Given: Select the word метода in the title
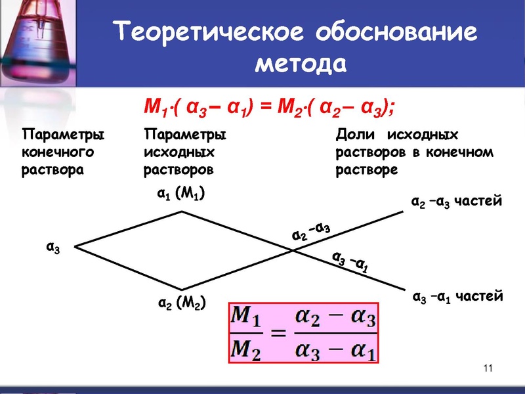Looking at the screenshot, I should point(299,64).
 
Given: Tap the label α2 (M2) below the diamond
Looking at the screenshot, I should point(182,303).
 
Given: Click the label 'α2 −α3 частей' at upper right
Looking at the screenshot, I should point(455,201).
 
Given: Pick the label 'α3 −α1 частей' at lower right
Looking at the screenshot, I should point(457,297).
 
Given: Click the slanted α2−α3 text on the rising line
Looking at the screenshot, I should point(310,232).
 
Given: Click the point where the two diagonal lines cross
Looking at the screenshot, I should point(291,248).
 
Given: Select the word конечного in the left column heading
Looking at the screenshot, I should point(58,152).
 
